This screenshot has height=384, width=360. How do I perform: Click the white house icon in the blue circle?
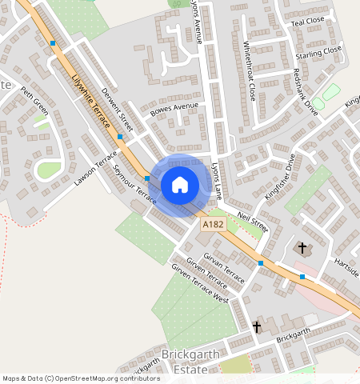pos(180,185)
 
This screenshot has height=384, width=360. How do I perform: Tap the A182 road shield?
pos(213,226)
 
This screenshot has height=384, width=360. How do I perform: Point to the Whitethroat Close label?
pos(249,71)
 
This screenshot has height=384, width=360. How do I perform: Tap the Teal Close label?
pos(308,21)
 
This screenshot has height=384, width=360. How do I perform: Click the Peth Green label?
pos(34,101)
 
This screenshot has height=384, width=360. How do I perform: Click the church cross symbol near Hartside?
pos(302,248)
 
